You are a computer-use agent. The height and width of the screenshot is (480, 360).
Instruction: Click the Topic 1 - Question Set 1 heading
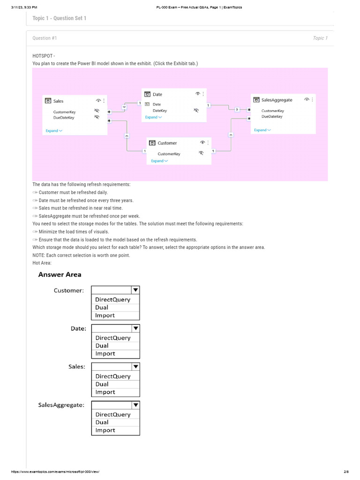tap(59, 18)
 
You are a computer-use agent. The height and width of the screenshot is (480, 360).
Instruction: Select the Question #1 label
tap(45, 38)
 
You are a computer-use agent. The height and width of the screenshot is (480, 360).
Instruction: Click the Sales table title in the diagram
tap(58, 101)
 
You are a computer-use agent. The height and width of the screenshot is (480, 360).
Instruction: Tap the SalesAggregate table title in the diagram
tap(277, 100)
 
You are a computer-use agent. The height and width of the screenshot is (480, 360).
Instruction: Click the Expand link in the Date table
tap(153, 117)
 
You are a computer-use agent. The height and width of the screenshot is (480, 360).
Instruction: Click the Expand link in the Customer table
tap(159, 161)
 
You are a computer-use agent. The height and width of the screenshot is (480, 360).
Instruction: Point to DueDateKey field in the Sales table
tap(64, 118)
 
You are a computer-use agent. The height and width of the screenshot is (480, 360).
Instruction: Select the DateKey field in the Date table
tap(159, 111)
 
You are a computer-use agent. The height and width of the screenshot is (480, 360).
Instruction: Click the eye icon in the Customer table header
tap(202, 142)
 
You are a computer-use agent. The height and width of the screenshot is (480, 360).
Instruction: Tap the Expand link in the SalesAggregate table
tap(262, 130)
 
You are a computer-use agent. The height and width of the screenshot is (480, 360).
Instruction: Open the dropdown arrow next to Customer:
tap(135, 291)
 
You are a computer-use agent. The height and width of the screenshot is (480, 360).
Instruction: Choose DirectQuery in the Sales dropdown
tap(113, 376)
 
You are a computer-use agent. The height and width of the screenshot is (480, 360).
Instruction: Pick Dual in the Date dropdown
tap(102, 346)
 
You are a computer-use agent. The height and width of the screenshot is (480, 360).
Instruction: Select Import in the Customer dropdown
tap(105, 315)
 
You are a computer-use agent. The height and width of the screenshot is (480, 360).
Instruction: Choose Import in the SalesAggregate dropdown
tap(105, 430)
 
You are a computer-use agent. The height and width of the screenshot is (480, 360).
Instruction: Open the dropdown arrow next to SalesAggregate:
tap(135, 405)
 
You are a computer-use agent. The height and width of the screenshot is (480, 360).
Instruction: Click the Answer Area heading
tap(60, 275)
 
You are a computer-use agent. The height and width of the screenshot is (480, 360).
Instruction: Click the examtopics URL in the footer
tap(56, 472)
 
